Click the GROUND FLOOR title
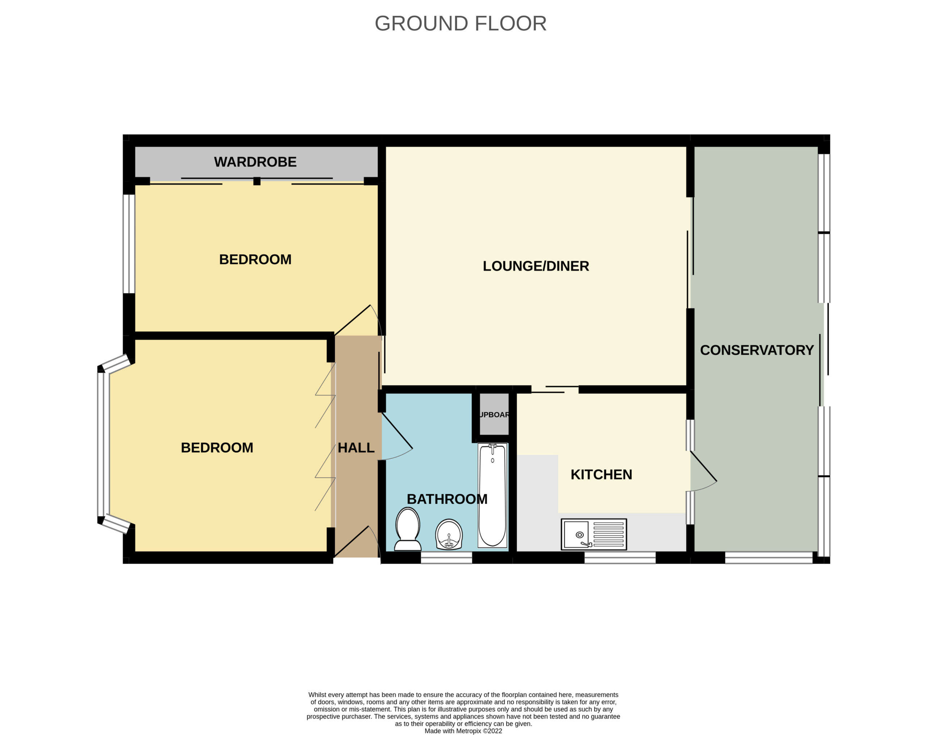(x=461, y=24)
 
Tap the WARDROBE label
(x=255, y=162)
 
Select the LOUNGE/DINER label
(x=536, y=266)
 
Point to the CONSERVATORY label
(x=757, y=350)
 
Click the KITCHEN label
(x=601, y=475)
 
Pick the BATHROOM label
(x=447, y=499)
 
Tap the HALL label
(x=356, y=448)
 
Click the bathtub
(x=493, y=496)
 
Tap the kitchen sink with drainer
(x=594, y=535)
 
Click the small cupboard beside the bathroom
(x=494, y=415)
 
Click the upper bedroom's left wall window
(x=129, y=244)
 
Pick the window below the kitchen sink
(x=620, y=558)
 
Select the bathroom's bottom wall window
(x=446, y=558)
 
